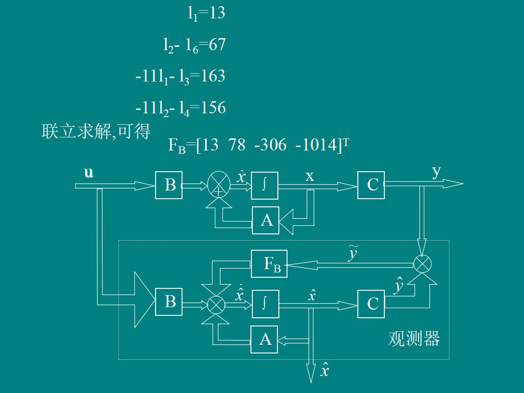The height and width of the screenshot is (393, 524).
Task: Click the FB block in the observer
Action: (269, 264)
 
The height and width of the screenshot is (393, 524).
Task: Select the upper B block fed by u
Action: (169, 185)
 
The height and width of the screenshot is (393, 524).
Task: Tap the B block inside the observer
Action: (169, 302)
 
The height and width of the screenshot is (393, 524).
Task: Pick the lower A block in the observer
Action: (264, 340)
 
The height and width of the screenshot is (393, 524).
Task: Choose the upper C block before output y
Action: (371, 185)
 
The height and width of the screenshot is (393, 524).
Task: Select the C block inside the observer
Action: (371, 304)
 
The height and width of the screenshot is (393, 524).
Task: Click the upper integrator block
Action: (264, 185)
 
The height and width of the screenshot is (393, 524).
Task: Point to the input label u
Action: (89, 173)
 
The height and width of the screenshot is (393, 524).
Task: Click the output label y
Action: (436, 172)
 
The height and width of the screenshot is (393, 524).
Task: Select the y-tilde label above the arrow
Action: (354, 254)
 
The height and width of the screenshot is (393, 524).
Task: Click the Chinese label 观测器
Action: (414, 339)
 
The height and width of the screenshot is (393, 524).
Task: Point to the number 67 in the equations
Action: (217, 45)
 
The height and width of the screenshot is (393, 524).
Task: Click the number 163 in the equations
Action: (213, 76)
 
